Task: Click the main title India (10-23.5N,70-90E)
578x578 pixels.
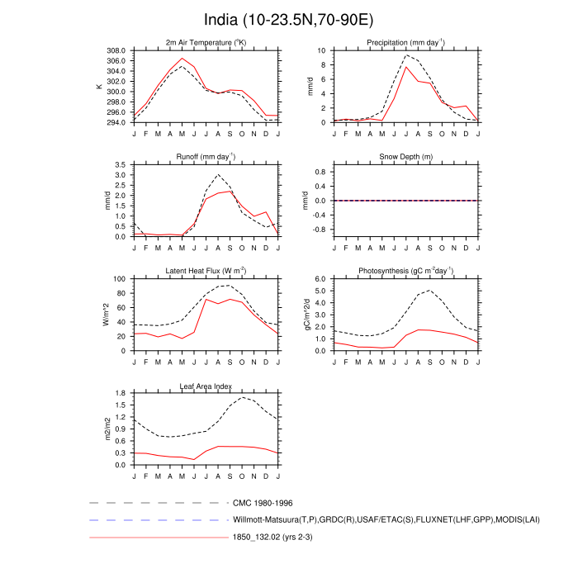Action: [288, 19]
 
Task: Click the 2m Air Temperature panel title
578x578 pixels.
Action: [206, 43]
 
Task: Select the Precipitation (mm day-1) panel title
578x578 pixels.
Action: [405, 43]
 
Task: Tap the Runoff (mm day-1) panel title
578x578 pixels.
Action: [206, 157]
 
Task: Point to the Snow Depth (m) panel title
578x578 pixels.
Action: [405, 158]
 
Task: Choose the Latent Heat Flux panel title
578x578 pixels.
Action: [206, 272]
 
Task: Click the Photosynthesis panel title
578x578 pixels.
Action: [405, 272]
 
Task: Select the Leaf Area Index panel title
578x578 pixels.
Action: [206, 386]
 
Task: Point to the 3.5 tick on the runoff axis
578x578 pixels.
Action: [121, 165]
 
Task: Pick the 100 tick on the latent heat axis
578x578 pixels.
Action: [119, 279]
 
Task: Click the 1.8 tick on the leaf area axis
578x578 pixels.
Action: [121, 394]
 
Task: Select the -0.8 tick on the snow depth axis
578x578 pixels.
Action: [320, 229]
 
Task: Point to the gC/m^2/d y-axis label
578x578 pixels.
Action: [306, 315]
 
